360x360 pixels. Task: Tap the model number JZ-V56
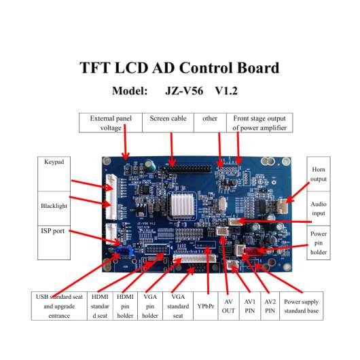tap(184, 91)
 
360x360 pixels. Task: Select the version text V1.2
tap(226, 91)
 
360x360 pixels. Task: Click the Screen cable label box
tap(168, 122)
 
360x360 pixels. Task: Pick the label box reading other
tap(210, 122)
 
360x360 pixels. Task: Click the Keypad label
tap(54, 162)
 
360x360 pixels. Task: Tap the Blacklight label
tap(54, 206)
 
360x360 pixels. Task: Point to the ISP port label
tap(52, 231)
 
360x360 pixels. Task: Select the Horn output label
tap(319, 174)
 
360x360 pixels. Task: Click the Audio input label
tap(319, 209)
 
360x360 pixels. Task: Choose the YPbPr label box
tap(206, 306)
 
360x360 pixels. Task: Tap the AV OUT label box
tap(228, 306)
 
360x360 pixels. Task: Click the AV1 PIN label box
tap(250, 306)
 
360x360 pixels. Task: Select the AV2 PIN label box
tap(270, 306)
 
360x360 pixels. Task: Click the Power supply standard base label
tap(301, 306)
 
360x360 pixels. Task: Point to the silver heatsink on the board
tap(183, 205)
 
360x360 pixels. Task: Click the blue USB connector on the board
tap(124, 251)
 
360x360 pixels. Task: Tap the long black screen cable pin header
tap(186, 169)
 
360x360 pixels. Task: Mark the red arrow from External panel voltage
tap(126, 143)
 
